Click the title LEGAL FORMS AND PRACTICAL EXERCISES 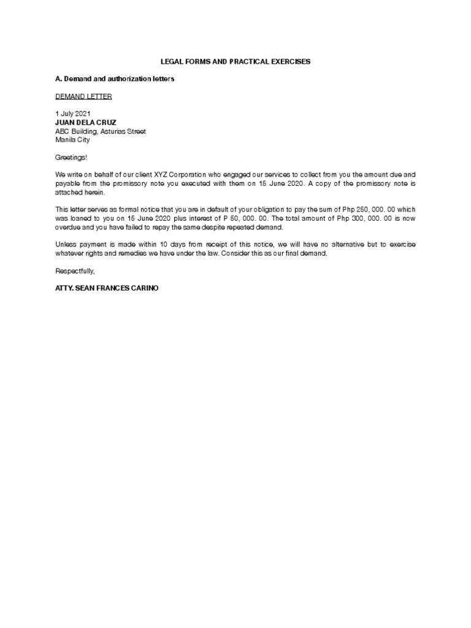coord(235,62)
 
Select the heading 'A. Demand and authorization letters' coord(115,79)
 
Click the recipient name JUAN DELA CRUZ coord(85,123)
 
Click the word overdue coord(68,227)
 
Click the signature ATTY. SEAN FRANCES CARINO coord(107,288)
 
